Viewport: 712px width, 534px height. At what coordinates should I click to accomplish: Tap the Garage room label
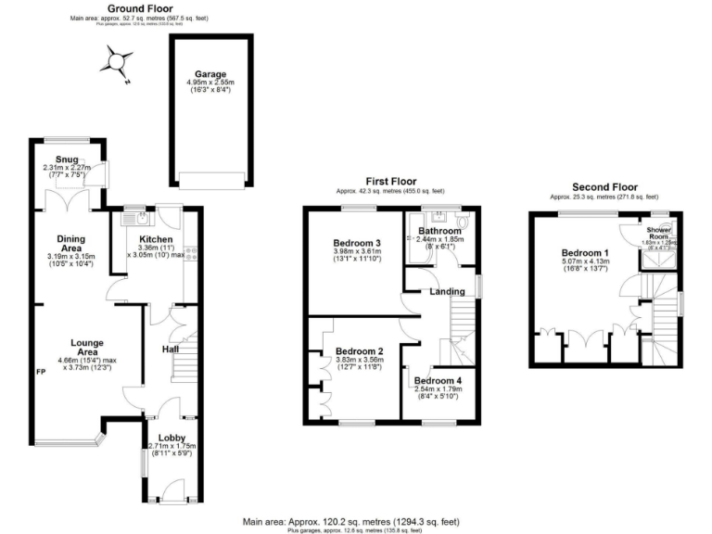[210, 74]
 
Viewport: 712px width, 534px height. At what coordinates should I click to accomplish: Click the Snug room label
[68, 159]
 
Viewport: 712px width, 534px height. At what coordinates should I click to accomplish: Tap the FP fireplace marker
[41, 372]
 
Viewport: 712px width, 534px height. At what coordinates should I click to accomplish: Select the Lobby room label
[171, 437]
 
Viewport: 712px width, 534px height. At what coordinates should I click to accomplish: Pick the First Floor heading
[389, 182]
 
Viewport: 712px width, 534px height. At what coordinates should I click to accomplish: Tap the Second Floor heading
[604, 186]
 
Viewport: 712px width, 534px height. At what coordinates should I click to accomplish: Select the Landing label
[447, 292]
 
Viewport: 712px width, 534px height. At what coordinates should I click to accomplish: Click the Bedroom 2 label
[360, 352]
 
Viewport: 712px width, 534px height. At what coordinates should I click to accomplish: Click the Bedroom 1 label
[584, 253]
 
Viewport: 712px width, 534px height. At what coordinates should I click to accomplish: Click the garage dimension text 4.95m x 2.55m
[210, 83]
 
